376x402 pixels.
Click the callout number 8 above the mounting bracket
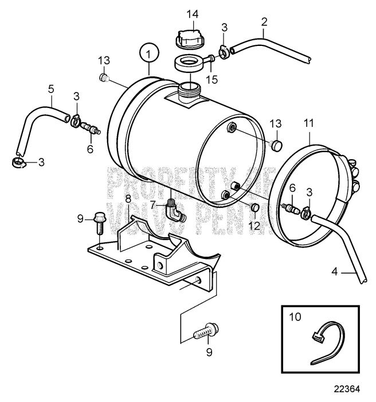click(128, 199)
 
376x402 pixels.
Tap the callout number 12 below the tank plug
click(254, 226)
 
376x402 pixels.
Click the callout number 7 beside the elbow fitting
click(153, 205)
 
